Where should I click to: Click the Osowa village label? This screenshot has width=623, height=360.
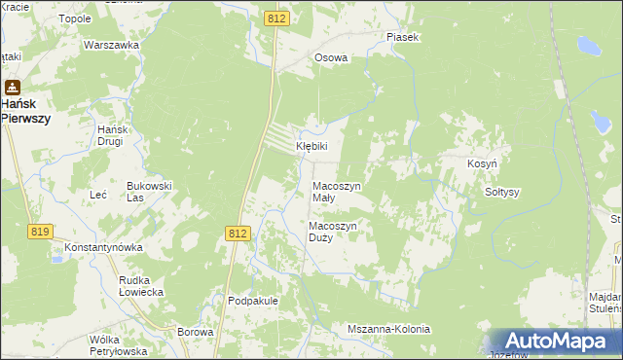point(331,57)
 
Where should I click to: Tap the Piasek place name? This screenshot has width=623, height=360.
point(402,37)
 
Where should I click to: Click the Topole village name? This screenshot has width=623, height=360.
point(75,18)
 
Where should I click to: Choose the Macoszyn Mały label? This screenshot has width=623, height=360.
point(337,191)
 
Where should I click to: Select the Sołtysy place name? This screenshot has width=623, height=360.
point(502,192)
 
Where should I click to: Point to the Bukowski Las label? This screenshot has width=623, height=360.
point(149,191)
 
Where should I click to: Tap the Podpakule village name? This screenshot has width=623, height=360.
point(253,301)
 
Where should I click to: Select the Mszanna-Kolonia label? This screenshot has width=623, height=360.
point(388,329)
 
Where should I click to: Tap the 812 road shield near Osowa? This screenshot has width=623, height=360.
point(277,18)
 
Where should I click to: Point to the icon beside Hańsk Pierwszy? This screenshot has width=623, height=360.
point(13,86)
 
